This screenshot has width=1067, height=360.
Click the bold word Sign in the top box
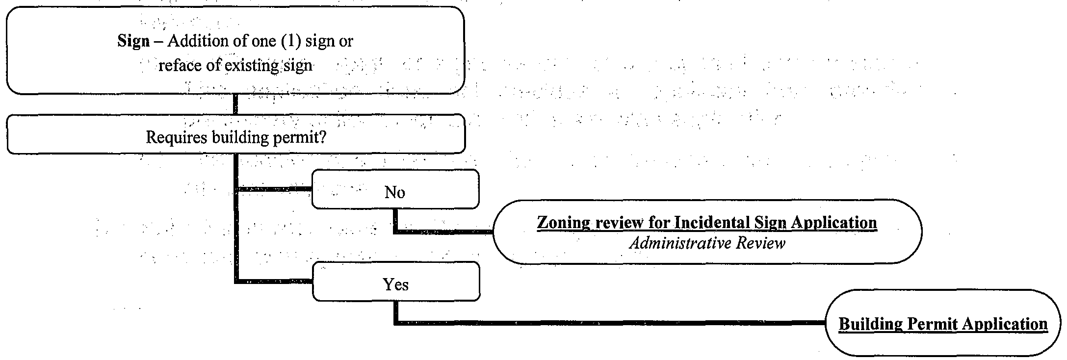pos(133,41)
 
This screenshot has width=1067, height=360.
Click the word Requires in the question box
pos(177,138)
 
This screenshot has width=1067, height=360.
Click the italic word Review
pos(763,243)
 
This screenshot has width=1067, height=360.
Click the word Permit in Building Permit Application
pos(933,324)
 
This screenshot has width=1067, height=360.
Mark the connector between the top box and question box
pos(235,104)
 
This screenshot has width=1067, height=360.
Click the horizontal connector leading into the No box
pos(274,189)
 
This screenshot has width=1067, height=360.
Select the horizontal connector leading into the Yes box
pos(274,282)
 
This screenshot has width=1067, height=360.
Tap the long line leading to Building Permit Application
pos(608,323)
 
